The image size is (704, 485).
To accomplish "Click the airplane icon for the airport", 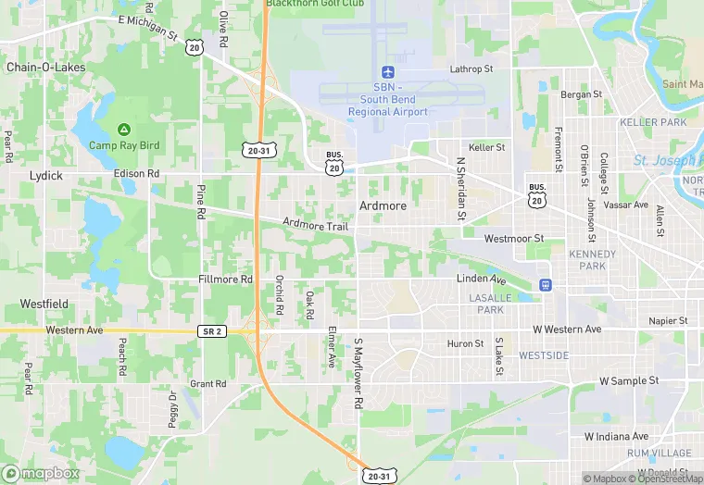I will (388, 72).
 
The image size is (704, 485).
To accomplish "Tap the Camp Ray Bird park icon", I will (124, 130).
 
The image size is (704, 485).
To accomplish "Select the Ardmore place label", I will (383, 205).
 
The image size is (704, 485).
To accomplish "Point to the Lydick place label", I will (45, 175).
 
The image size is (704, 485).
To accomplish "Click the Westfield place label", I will (44, 304).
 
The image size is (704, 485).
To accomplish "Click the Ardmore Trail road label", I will (315, 224).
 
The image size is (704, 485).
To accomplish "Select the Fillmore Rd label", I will (225, 279).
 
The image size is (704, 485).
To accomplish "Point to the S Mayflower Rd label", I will (358, 375).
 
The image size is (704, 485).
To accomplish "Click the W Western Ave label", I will (567, 330).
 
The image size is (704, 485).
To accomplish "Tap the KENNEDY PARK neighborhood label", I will (592, 260).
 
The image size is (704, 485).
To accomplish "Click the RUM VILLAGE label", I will (659, 454).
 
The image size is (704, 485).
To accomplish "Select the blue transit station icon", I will (546, 284).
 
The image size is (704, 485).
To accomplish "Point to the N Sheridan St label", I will (459, 188).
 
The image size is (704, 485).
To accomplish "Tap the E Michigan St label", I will (148, 27).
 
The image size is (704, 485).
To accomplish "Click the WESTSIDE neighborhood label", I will (544, 355).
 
